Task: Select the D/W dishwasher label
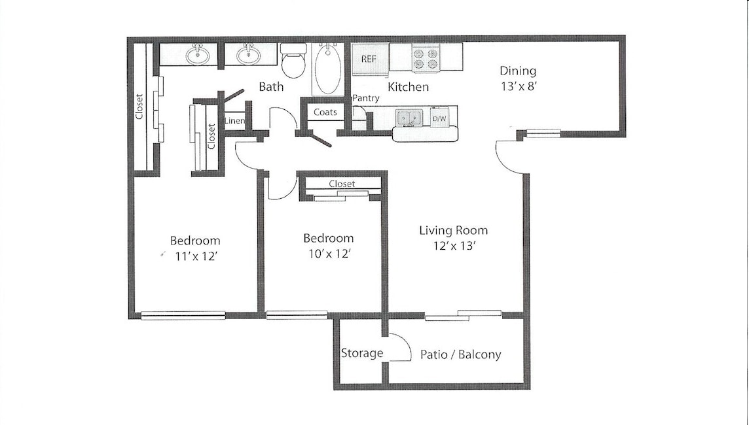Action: coord(439,119)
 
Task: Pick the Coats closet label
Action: coord(325,112)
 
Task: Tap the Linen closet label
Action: coord(235,121)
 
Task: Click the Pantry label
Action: coord(366,99)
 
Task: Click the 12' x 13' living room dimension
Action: coord(453,246)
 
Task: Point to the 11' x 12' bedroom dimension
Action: coord(195,256)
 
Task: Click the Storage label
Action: coord(362,353)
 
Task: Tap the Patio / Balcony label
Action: coord(460,355)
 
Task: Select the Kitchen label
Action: coord(409,87)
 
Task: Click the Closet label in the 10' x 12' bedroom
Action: coord(342,184)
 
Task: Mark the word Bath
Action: coord(271,86)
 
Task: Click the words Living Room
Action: coord(453,230)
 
